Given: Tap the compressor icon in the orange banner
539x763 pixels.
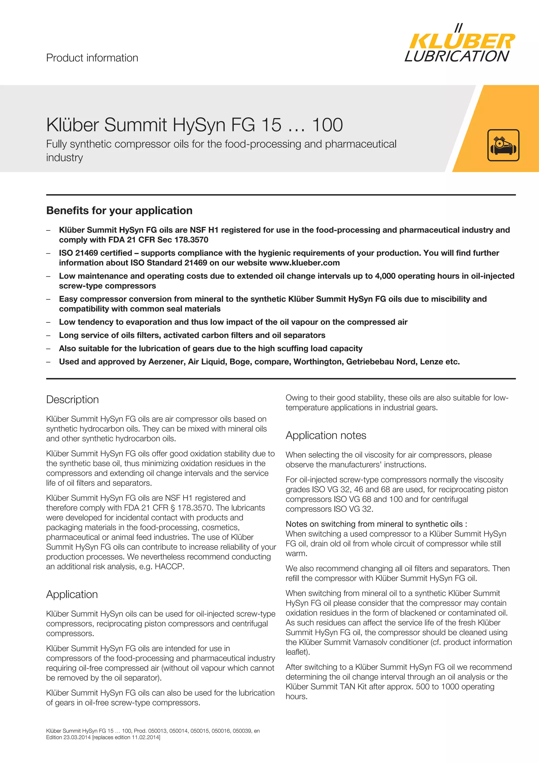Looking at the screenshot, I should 503,145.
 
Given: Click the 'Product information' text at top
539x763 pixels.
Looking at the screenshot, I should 92,58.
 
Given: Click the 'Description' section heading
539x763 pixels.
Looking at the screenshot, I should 72,399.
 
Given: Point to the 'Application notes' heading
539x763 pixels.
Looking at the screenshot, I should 326,435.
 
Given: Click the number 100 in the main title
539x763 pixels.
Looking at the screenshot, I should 327,125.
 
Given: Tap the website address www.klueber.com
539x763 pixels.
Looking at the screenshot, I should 304,263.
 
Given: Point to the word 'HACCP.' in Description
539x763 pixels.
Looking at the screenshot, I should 169,567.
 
